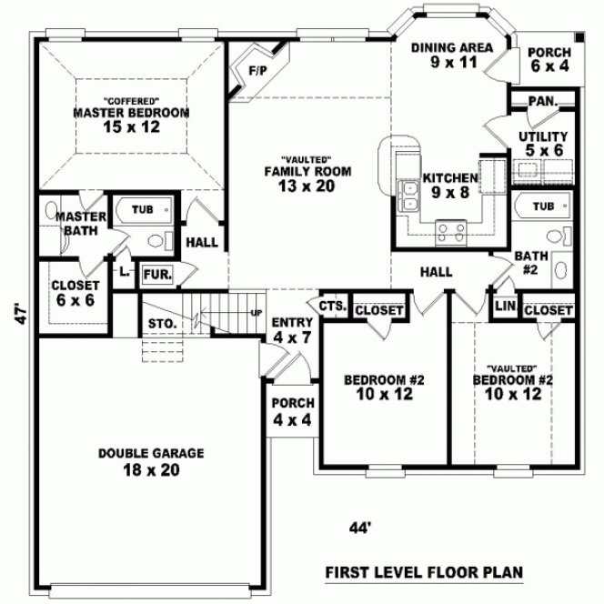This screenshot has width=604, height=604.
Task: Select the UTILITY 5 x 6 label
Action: [x=542, y=143]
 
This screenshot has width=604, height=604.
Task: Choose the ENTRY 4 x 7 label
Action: [x=293, y=330]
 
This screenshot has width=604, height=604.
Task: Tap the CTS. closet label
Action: [x=332, y=307]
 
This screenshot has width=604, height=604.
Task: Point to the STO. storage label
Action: [x=157, y=323]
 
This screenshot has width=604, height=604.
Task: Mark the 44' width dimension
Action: [x=361, y=527]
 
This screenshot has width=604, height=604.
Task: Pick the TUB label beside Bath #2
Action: [x=542, y=206]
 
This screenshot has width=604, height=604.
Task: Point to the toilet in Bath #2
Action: [x=560, y=270]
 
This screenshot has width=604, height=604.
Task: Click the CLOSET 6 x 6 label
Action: [x=75, y=292]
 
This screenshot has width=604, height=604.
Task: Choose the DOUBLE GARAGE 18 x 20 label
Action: [x=151, y=461]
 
